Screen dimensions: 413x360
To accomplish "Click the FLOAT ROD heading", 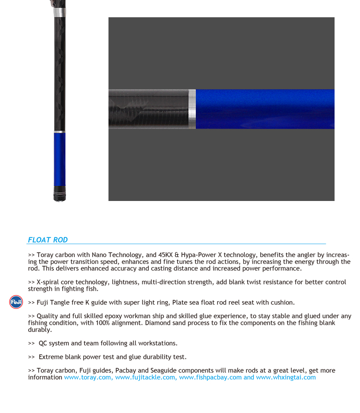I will [48, 240].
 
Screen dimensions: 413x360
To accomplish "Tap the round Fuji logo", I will [16, 302].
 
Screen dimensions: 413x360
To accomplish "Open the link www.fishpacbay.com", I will [210, 378].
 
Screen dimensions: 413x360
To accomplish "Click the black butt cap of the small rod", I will [60, 196].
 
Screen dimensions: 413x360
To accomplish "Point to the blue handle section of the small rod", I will [60, 161].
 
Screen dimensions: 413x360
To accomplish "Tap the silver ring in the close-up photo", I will [192, 109].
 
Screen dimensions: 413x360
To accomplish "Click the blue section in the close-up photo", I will [264, 109].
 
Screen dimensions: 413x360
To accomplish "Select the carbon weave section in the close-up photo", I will [149, 109].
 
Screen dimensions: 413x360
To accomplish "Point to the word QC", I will [44, 343].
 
